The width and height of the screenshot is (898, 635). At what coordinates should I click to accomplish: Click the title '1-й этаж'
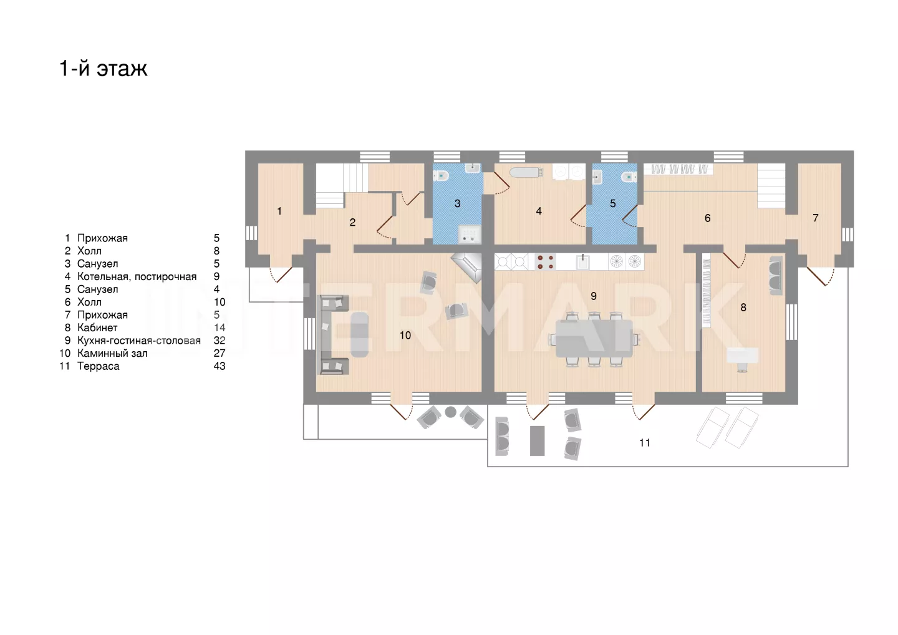[104, 68]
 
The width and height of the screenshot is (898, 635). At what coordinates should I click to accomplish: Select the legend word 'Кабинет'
[97, 327]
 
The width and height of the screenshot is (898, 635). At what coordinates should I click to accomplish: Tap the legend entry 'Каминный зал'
[112, 353]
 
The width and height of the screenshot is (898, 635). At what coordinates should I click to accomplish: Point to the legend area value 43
[220, 366]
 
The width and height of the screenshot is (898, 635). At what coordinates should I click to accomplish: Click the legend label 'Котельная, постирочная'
[137, 276]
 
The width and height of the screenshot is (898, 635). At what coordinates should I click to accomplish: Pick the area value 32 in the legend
[220, 341]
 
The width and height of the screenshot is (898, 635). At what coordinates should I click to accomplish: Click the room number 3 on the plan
[458, 203]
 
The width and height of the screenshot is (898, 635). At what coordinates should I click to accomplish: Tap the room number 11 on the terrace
[645, 443]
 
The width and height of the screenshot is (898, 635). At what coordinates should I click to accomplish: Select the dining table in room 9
[594, 339]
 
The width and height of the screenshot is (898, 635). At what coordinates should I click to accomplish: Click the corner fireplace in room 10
[468, 267]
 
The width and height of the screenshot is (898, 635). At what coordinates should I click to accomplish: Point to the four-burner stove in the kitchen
[545, 262]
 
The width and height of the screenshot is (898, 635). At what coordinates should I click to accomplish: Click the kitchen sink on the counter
[582, 262]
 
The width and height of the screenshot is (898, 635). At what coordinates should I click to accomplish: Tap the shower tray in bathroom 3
[470, 234]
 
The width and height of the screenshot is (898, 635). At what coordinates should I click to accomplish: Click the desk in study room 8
[743, 356]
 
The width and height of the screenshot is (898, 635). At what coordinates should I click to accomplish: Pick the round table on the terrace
[451, 412]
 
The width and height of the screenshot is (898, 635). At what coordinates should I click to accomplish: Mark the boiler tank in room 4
[526, 172]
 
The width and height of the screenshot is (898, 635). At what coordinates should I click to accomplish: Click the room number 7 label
[816, 218]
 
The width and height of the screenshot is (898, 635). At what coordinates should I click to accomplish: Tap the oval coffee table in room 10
[360, 335]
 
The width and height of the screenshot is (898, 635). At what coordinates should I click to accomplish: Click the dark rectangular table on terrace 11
[537, 441]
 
